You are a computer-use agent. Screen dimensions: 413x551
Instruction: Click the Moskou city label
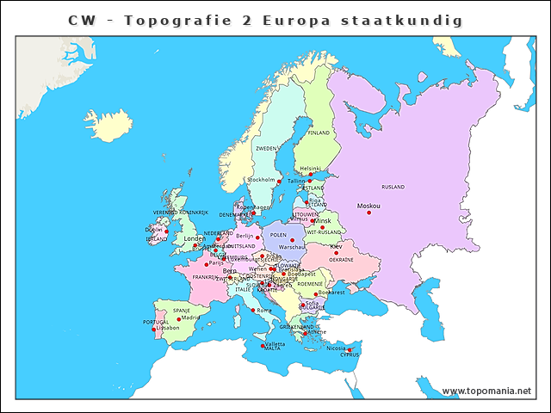tap(368, 206)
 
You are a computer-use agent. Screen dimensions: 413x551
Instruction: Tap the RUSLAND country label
tap(393, 187)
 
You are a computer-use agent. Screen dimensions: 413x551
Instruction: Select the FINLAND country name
tap(319, 133)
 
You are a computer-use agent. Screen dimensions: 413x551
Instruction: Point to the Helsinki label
tap(310, 169)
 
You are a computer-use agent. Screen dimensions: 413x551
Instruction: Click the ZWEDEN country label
tap(266, 148)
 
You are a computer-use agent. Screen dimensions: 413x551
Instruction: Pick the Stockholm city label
tap(261, 180)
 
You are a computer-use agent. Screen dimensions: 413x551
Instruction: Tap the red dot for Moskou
tap(368, 213)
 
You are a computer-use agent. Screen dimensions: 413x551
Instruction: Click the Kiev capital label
tap(335, 246)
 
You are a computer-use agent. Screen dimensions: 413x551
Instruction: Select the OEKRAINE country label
tap(341, 259)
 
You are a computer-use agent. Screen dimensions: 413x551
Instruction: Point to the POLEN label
tap(278, 234)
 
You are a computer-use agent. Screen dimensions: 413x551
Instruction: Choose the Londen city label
tap(195, 238)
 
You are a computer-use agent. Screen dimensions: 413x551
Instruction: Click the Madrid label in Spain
tap(190, 317)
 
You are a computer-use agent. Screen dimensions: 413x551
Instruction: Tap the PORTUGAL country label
tap(156, 322)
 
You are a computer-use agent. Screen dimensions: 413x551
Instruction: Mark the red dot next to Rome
tap(253, 311)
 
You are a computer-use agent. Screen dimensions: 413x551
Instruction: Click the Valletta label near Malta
tap(275, 343)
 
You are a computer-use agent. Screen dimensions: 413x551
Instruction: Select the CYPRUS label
tap(350, 354)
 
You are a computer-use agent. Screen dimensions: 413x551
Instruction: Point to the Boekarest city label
tap(331, 292)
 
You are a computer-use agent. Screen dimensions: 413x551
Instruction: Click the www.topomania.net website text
tap(486, 391)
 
